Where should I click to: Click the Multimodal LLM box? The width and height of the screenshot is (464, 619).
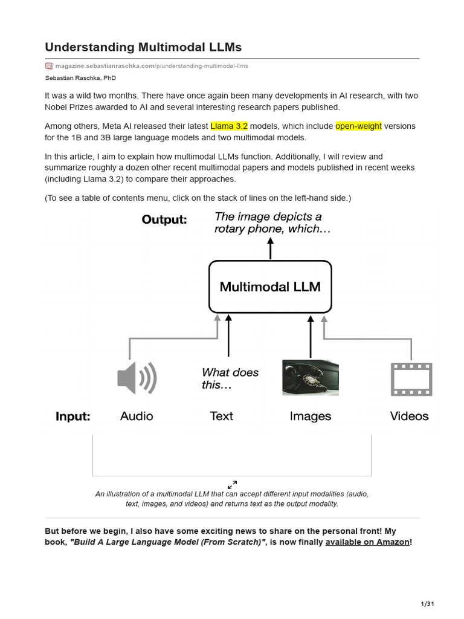270,286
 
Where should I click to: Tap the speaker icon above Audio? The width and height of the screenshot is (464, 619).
137,378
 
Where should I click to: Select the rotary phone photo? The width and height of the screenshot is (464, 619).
310,378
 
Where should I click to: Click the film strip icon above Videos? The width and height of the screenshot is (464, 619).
411,378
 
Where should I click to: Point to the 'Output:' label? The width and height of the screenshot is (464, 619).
164,219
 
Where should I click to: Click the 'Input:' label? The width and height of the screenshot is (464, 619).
72,416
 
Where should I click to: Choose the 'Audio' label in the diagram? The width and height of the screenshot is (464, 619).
137,416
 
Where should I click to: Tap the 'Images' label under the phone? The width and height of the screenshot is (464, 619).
310,416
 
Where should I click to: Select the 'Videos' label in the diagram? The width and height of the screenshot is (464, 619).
409,416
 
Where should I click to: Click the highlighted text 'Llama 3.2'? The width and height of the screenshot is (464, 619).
229,126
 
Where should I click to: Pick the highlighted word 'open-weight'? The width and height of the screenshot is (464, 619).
358,126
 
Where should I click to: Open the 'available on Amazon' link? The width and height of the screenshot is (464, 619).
367,542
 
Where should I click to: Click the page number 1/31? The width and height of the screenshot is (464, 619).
427,604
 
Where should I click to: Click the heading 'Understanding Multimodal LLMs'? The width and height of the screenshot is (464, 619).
143,47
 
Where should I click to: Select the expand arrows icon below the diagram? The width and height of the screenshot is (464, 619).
232,485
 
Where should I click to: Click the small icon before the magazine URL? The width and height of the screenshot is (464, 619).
49,66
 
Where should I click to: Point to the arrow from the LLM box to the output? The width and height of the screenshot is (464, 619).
270,248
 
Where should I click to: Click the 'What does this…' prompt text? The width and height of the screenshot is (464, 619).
230,378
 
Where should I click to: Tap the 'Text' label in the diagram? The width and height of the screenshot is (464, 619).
221,416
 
